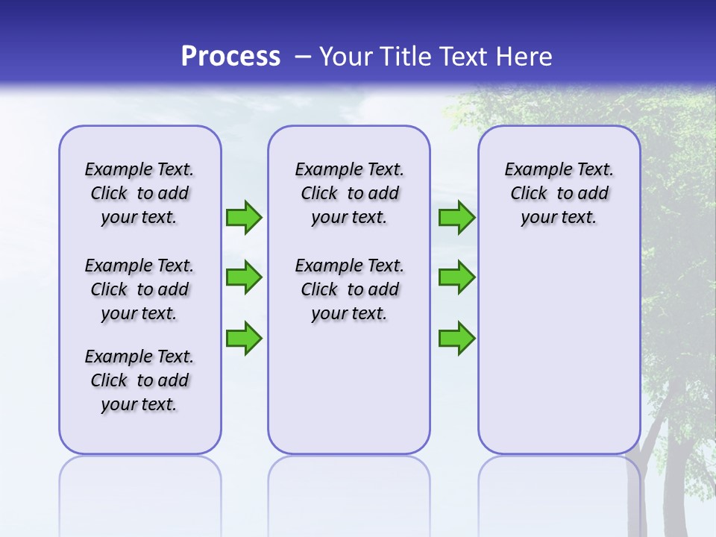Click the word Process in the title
coord(230,56)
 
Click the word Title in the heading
coord(407,57)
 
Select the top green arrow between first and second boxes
coord(244,217)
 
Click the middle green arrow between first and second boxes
coord(244,277)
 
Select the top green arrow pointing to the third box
coord(456,217)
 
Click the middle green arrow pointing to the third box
coord(456,277)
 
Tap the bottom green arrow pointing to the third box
coord(456,338)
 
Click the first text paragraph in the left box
coord(139,193)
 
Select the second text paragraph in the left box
coord(139,289)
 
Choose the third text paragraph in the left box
coord(139,380)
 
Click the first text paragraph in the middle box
coord(349,193)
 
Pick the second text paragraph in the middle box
coord(349,289)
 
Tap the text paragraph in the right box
coord(559,193)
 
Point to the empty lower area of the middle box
coord(349,388)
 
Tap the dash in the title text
coord(303,57)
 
